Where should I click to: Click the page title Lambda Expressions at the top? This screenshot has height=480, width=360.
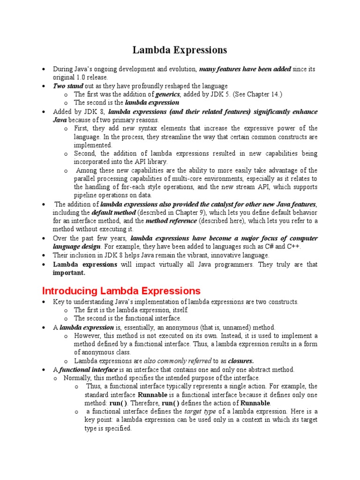180,50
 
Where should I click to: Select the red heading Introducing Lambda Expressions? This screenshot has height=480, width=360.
121,291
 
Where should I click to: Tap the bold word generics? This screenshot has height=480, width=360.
168,94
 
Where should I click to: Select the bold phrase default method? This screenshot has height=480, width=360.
111,212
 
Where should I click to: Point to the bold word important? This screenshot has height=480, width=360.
69,273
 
